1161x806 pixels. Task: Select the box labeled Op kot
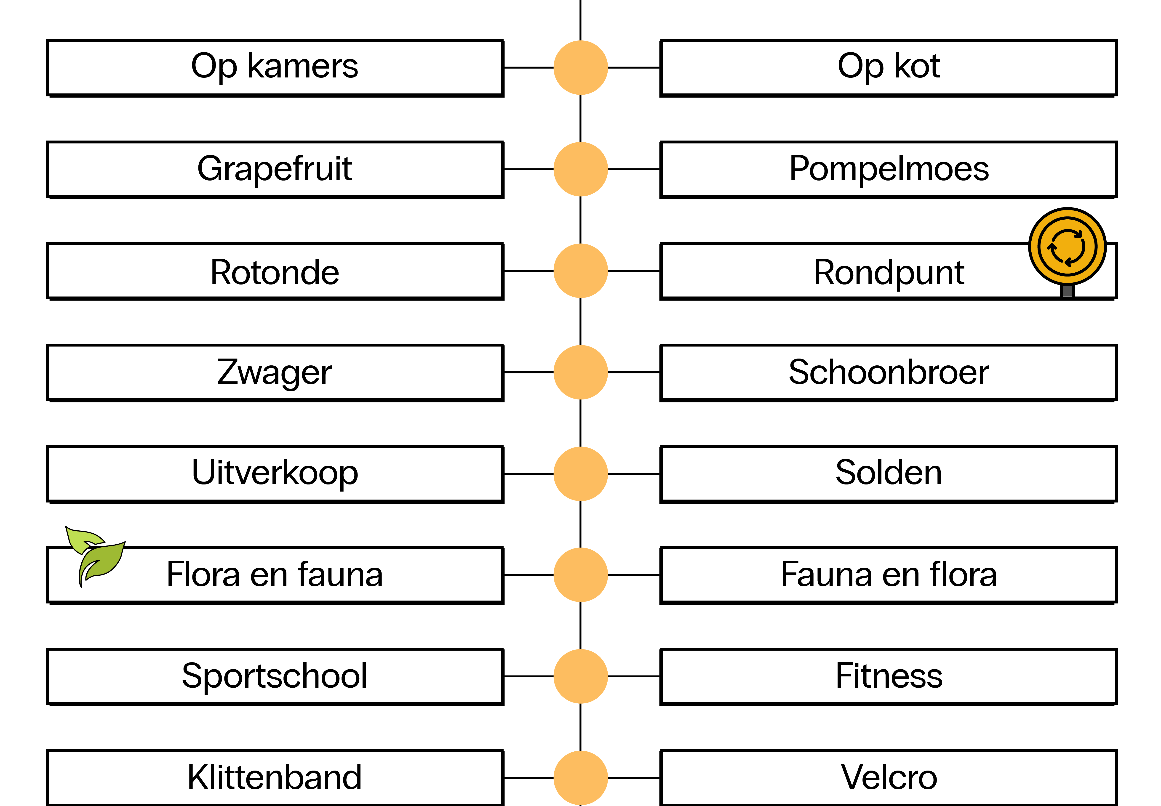pyautogui.click(x=888, y=68)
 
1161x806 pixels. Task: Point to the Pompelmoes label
pyautogui.click(x=888, y=169)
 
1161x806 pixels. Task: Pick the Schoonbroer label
pyautogui.click(x=888, y=373)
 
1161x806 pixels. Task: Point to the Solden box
pyautogui.click(x=888, y=474)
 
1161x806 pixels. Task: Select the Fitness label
pyautogui.click(x=888, y=676)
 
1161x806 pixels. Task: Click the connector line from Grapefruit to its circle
pyautogui.click(x=528, y=169)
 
